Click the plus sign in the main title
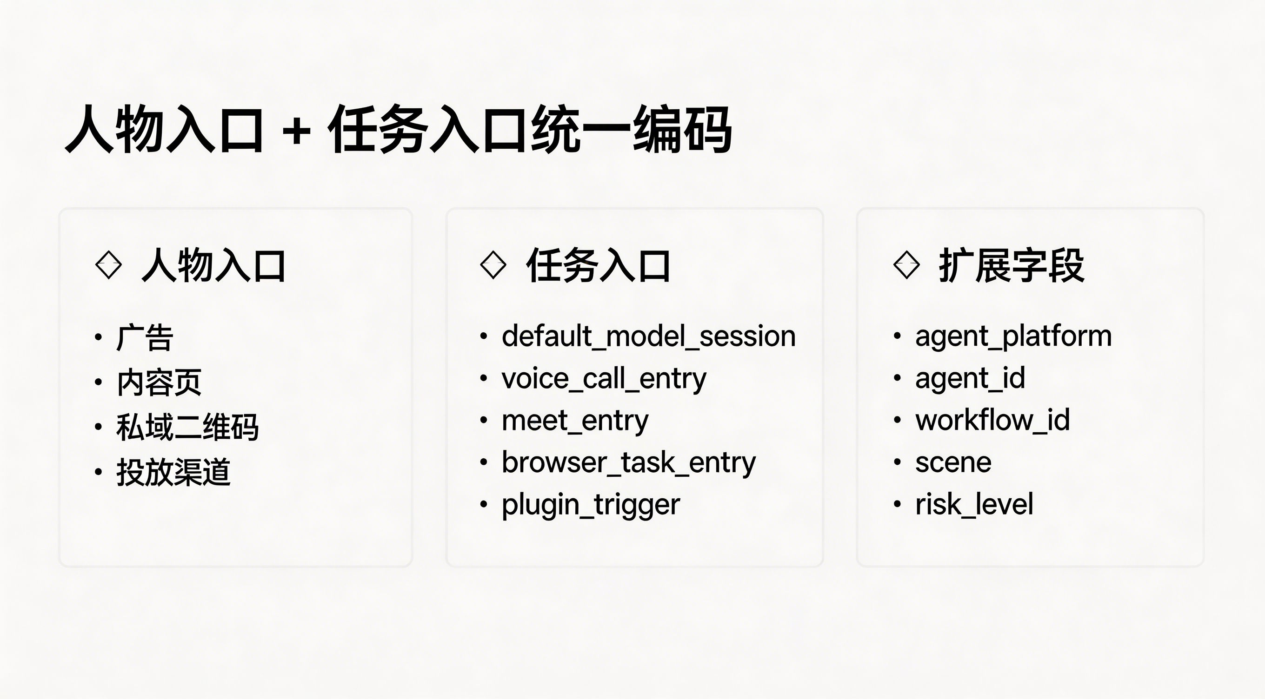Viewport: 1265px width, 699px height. tap(297, 132)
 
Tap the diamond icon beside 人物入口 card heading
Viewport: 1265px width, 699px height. tap(108, 265)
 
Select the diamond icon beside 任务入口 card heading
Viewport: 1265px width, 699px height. tap(493, 265)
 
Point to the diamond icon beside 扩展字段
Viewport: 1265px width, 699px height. tap(906, 265)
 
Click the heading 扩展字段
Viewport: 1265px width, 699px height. tap(1012, 265)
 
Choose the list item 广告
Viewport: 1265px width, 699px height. tap(145, 338)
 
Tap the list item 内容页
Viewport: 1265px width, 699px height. tap(159, 382)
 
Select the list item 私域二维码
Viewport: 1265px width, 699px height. tap(187, 427)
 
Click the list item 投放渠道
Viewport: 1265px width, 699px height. tap(173, 472)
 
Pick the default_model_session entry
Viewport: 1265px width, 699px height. tap(649, 337)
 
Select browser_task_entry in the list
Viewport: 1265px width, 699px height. tap(629, 463)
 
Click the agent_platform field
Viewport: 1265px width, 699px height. tap(1013, 337)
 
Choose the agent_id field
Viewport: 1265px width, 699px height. tap(970, 379)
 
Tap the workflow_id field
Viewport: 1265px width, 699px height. tap(992, 421)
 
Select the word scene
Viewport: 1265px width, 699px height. tap(953, 463)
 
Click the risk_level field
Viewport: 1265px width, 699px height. tap(974, 505)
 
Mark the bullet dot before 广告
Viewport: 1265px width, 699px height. tap(99, 337)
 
